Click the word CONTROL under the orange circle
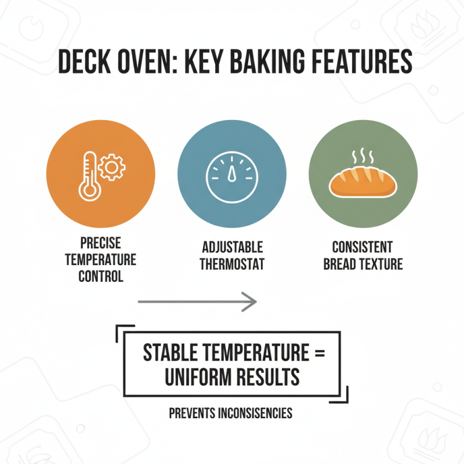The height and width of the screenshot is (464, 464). (101, 276)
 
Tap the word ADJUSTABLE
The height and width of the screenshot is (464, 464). (232, 248)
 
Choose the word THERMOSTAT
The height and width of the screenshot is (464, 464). (232, 264)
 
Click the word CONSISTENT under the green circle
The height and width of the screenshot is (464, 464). (362, 248)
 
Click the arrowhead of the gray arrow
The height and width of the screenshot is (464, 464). (249, 301)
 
